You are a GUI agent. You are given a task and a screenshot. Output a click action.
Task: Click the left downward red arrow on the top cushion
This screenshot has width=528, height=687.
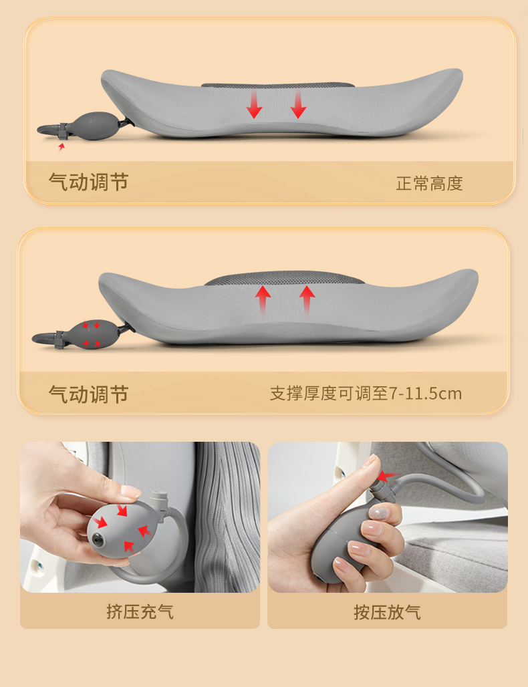pyautogui.click(x=254, y=104)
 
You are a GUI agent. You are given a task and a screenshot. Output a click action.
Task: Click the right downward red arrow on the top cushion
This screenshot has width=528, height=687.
pyautogui.click(x=298, y=104)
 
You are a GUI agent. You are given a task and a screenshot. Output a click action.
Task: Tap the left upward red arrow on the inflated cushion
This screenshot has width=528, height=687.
pyautogui.click(x=263, y=301)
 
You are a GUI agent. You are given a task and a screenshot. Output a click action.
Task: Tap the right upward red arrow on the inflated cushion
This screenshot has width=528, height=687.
pyautogui.click(x=307, y=301)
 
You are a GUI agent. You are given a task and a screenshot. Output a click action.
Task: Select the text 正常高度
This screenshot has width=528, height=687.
pyautogui.click(x=429, y=184)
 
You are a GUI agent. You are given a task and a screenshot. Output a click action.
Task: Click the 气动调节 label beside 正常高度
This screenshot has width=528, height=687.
pyautogui.click(x=88, y=182)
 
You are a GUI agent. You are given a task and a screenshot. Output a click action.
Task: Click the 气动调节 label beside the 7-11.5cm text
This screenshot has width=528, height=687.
pyautogui.click(x=88, y=394)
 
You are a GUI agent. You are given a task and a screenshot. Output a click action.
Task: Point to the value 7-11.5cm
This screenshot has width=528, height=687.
pyautogui.click(x=426, y=394)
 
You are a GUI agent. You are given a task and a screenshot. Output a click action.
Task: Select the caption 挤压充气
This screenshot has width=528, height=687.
pyautogui.click(x=140, y=611)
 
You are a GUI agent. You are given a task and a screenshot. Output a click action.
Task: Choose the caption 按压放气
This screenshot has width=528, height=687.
pyautogui.click(x=388, y=612)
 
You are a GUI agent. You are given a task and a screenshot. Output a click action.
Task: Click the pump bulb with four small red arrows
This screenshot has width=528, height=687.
pyautogui.click(x=92, y=334)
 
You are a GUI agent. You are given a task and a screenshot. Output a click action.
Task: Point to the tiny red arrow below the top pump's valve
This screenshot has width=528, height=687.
pyautogui.click(x=61, y=146)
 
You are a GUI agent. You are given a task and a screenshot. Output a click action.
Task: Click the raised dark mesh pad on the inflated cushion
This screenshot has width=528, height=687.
pyautogui.click(x=284, y=278)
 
